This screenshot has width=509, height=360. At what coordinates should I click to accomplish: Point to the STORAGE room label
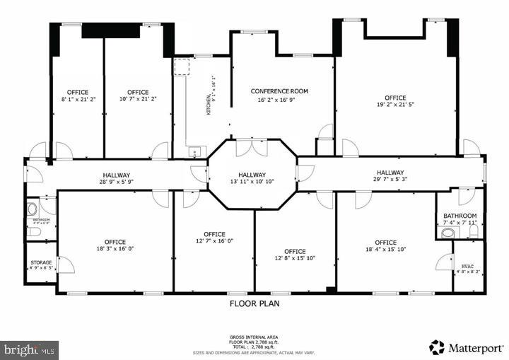(x=40, y=262)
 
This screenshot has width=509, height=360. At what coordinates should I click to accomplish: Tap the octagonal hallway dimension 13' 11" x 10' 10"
(x=251, y=182)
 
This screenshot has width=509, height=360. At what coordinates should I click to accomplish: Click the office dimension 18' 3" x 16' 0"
(x=115, y=250)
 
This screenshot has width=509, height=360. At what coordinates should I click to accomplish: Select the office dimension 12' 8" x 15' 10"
(x=295, y=260)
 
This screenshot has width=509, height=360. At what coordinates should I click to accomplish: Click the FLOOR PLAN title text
(x=255, y=303)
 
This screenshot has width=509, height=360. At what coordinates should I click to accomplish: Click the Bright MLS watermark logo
(x=30, y=349)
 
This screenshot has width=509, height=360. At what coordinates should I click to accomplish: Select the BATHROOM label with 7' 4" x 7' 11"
(x=460, y=216)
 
